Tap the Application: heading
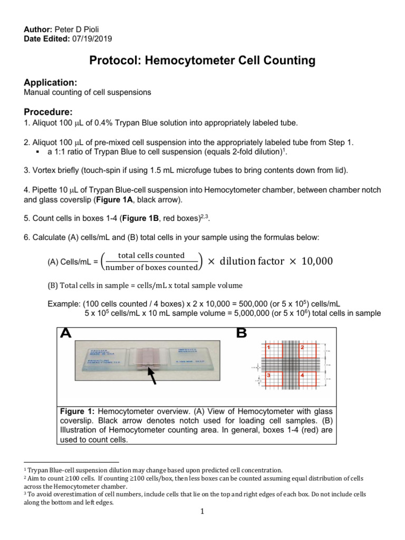(x=51, y=82)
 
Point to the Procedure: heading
(x=48, y=112)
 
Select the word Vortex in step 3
(x=44, y=170)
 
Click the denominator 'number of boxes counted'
(x=151, y=267)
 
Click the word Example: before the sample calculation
(x=64, y=304)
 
